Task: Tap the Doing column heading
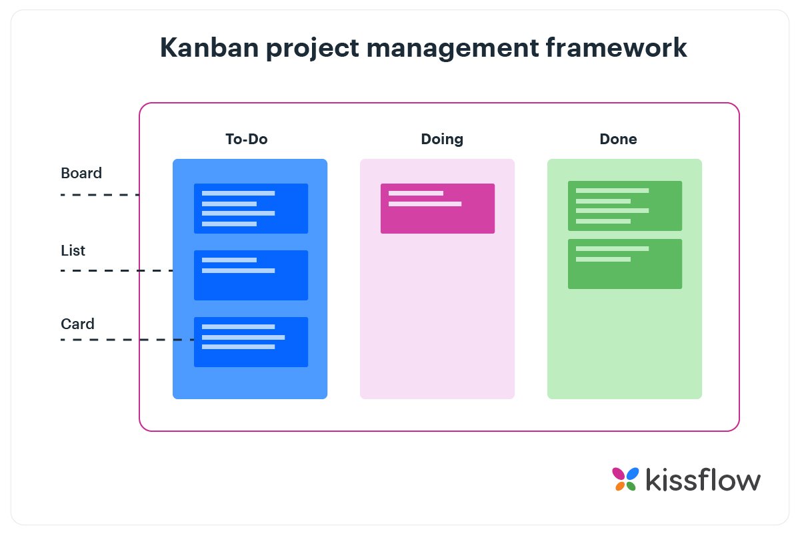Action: click(442, 140)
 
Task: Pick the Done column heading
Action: click(618, 140)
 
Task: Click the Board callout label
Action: click(81, 174)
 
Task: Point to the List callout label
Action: click(73, 251)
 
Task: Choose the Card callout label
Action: click(77, 324)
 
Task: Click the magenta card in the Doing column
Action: click(437, 208)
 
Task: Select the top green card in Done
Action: click(625, 206)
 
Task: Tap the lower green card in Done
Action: click(625, 264)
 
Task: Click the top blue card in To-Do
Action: click(251, 208)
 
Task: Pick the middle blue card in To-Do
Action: click(251, 275)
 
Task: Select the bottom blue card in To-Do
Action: click(251, 342)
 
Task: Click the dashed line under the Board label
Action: click(100, 195)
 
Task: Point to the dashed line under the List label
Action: click(117, 270)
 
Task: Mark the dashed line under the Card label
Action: click(127, 340)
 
